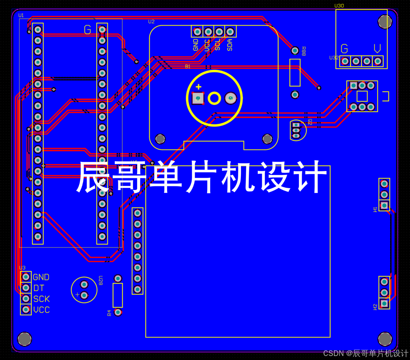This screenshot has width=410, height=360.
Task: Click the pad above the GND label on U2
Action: (x=197, y=32)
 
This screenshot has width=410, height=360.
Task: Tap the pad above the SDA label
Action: (x=230, y=32)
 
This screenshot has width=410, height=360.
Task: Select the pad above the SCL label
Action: (x=219, y=32)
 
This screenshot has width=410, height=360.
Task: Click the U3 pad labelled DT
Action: (x=26, y=288)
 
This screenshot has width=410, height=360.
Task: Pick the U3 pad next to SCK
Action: (x=26, y=299)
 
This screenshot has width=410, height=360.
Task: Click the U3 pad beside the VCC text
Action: (x=26, y=310)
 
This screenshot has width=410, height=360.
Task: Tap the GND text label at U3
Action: (x=41, y=277)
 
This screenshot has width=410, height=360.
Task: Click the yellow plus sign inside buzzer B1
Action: (x=198, y=87)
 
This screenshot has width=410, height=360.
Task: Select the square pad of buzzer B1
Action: (x=198, y=98)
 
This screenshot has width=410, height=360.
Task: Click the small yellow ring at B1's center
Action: (x=214, y=98)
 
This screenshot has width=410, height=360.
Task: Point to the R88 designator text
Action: (x=304, y=51)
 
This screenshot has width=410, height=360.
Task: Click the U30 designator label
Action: (x=339, y=6)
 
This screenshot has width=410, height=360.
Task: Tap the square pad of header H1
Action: (x=384, y=205)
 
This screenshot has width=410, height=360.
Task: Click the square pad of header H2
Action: (x=384, y=304)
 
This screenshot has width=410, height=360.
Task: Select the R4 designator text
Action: (x=109, y=313)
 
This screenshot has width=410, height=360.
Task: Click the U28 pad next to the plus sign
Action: (x=84, y=295)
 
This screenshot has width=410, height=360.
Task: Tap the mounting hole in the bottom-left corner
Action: (x=24, y=339)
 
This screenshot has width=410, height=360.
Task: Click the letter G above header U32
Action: (x=344, y=49)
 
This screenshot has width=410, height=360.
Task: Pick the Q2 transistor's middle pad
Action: (x=296, y=130)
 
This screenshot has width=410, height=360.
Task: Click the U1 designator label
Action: (x=21, y=15)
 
